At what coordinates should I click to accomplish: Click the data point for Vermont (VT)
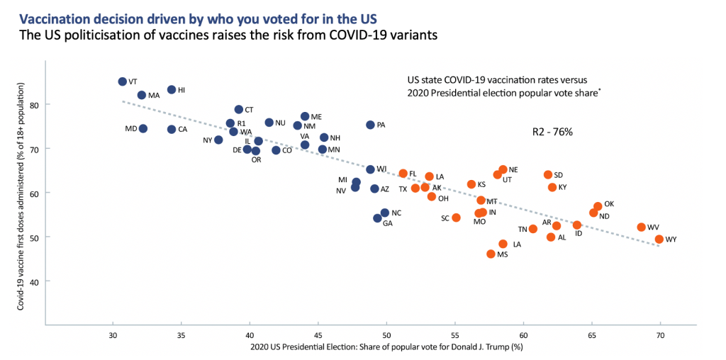coord(122,81)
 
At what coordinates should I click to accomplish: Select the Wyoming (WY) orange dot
coord(659,240)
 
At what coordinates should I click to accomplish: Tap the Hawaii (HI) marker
coord(172,90)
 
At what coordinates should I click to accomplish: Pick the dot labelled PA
coord(370,125)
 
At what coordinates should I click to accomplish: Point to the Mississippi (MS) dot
coord(491,254)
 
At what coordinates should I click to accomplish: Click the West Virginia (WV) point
coord(641,227)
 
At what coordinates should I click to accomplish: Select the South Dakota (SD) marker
coord(547,175)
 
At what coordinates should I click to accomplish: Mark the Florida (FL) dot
coord(403,174)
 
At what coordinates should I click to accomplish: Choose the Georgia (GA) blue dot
coord(378,218)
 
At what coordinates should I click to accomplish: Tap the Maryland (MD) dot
coord(143,129)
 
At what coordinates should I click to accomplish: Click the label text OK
coord(608,204)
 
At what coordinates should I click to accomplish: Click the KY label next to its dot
coord(562,188)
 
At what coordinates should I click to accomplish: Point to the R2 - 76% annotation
coord(552,132)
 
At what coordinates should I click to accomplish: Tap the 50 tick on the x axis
coord(386,333)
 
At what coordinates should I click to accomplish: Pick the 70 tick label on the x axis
coord(660,333)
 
